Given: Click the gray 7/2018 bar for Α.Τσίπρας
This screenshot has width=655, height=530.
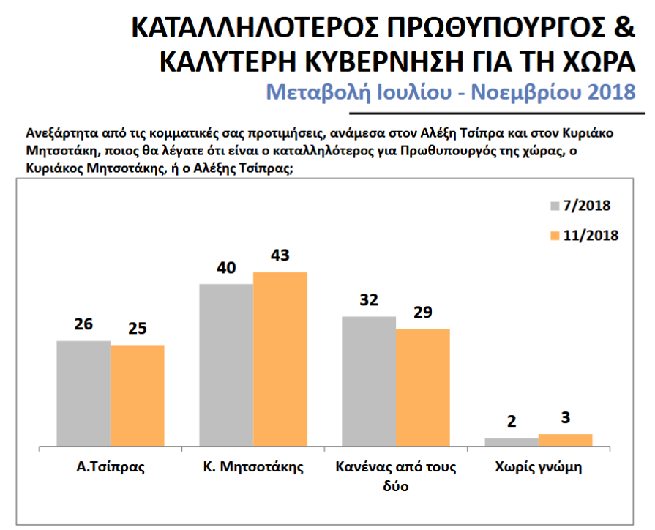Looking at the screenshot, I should click(x=83, y=393).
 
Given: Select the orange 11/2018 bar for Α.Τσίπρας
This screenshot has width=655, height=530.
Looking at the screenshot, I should click(x=138, y=395).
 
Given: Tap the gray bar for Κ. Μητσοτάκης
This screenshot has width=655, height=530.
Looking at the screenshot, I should click(x=226, y=365).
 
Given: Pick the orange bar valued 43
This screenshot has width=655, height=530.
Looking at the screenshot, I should click(x=280, y=359).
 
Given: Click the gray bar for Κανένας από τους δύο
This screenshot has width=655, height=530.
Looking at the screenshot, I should click(x=369, y=381).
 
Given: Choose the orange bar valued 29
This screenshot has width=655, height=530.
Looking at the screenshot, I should click(x=423, y=387).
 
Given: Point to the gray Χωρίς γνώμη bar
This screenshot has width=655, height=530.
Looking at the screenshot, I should click(x=512, y=441).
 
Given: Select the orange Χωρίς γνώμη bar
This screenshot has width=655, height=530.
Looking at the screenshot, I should click(x=566, y=439).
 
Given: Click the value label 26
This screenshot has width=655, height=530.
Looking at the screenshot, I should click(x=83, y=324).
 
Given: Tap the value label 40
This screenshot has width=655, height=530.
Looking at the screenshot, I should click(x=226, y=268).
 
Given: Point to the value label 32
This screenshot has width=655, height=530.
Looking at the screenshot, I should click(x=369, y=300).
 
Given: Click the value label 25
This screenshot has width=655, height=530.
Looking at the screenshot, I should click(x=138, y=329).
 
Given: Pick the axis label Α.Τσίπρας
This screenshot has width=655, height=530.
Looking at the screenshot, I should click(x=111, y=467).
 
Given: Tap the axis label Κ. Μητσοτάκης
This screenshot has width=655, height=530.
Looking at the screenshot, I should click(x=253, y=467).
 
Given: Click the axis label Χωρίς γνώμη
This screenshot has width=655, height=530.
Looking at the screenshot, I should click(x=539, y=467).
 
